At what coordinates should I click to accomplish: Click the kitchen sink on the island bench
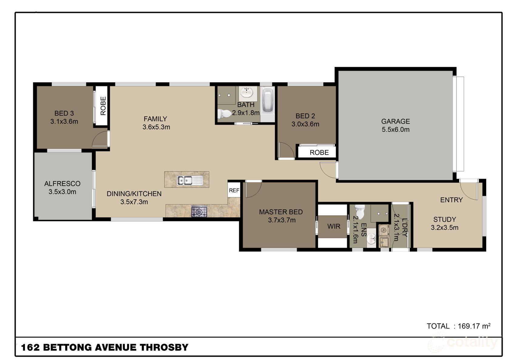pos(190,180)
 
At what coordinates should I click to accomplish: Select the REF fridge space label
pos(234,190)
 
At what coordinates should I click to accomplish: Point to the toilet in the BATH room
pos(224,113)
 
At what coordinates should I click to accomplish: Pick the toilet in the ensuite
pos(360,212)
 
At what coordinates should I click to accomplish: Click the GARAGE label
pos(396,121)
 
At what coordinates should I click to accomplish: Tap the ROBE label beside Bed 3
pos(103,106)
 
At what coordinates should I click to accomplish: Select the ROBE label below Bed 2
pos(319,153)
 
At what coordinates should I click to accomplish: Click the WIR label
pos(334,226)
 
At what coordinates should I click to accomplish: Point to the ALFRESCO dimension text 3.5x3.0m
pos(62,192)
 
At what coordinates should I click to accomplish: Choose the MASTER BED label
pos(281,212)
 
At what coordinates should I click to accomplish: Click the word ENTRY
pos(451,200)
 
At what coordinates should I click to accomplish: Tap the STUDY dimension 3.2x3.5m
pos(444,227)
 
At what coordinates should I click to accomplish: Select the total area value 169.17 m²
pos(474,326)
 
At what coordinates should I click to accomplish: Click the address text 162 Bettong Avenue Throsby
pos(105,347)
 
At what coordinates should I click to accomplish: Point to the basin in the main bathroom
pos(247,93)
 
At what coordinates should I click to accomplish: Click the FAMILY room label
pos(155,119)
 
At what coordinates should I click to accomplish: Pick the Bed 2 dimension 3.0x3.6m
pos(305,124)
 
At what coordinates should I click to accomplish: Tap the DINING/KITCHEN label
pos(134,194)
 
